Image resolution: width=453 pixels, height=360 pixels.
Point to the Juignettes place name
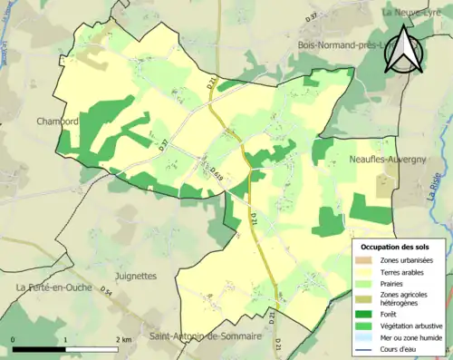coord(136,275)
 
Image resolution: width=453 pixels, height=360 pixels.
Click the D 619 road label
coord(217,169)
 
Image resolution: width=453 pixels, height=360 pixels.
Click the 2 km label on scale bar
coord(123,339)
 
